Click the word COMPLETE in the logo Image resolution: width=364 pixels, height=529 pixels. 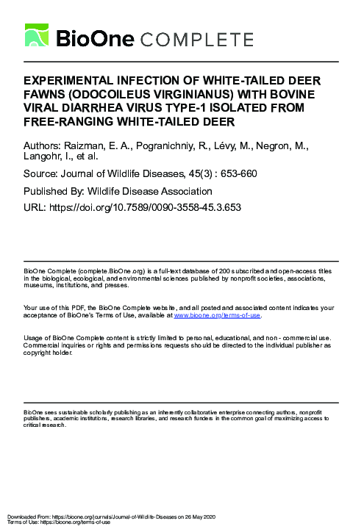(x=194, y=38)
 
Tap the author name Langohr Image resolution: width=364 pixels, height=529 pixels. (x=48, y=156)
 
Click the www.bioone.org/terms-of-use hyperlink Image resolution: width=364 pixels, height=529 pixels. (x=217, y=314)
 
